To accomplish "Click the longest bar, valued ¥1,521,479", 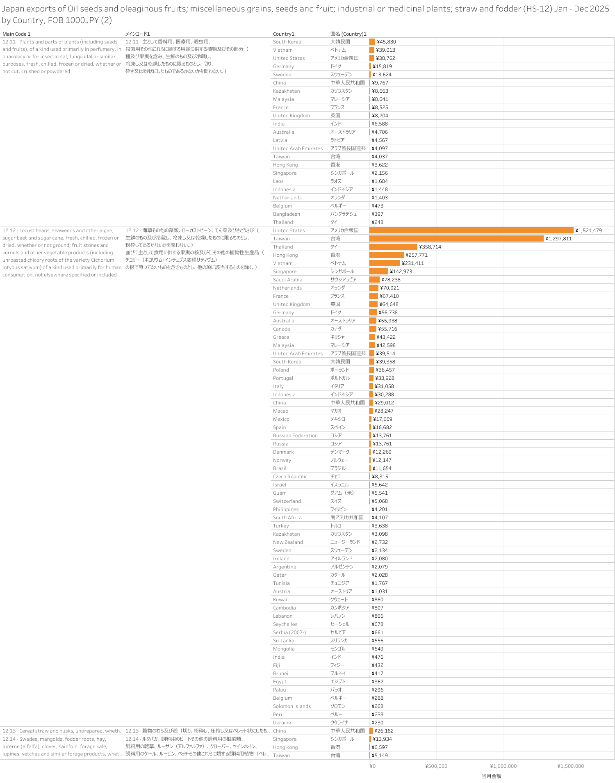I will click(471, 231).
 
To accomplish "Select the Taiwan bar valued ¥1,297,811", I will click(456, 239).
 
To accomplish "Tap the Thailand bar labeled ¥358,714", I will click(393, 247).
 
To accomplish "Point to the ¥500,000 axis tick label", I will click(436, 766).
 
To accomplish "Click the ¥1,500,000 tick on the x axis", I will click(570, 766).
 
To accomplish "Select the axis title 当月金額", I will click(491, 776).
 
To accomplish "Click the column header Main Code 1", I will click(16, 34).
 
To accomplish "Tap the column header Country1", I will click(284, 34).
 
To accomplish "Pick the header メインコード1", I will click(138, 34).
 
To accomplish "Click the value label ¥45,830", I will click(386, 42).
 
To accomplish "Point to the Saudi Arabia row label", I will click(287, 280).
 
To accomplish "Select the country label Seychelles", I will click(285, 624).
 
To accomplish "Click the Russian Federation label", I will click(295, 436).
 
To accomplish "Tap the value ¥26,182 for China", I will click(384, 731).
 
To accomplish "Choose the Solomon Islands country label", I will click(292, 706).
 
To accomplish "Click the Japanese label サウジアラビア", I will click(343, 280).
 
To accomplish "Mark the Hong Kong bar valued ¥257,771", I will click(386, 255).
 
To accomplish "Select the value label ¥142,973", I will click(401, 272).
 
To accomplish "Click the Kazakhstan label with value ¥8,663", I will click(286, 91).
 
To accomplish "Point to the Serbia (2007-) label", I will click(289, 632).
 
